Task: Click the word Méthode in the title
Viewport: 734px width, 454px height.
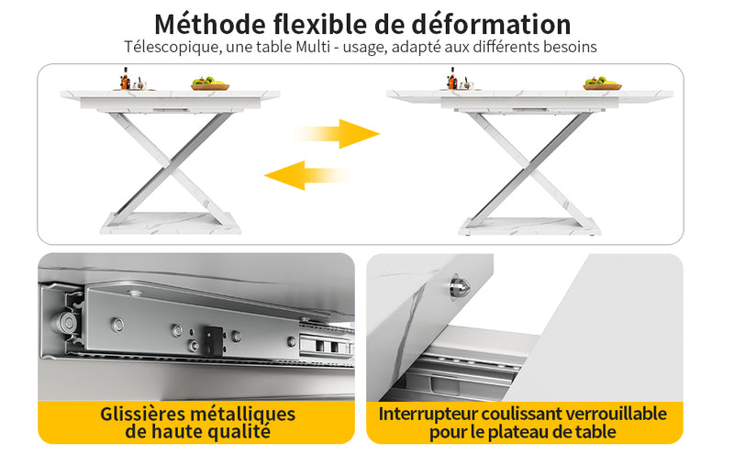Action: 210,25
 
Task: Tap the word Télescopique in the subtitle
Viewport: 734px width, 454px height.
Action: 172,48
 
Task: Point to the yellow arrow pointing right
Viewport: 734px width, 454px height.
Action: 337,134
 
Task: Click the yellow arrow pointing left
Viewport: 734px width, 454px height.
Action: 306,175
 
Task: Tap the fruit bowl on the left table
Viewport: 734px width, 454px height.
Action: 210,83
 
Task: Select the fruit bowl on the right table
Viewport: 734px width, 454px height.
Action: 603,83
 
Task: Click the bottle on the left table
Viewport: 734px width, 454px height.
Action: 125,79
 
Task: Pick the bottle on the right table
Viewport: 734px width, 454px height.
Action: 451,79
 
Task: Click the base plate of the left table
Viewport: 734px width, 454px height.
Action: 171,223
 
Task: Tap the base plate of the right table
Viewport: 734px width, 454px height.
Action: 529,226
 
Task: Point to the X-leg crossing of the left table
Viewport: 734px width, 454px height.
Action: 171,163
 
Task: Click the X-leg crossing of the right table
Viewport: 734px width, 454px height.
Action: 529,166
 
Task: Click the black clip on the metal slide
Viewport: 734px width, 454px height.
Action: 213,339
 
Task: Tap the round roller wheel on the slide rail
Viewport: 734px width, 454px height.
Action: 67,323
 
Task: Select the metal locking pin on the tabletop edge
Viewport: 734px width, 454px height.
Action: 460,286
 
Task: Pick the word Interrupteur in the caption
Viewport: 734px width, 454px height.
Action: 428,415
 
